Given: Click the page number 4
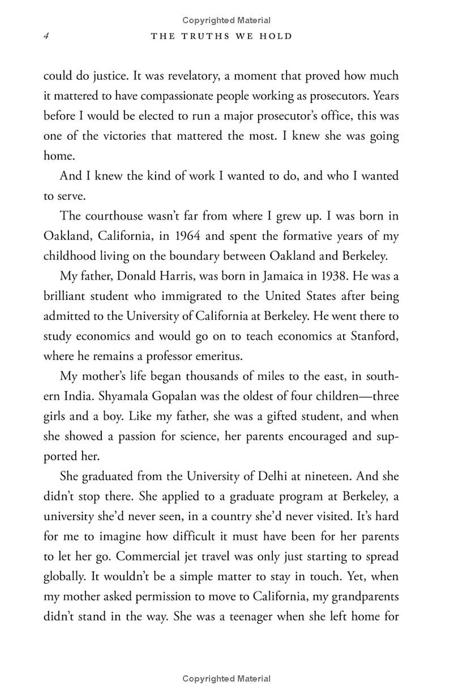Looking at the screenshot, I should (46, 36).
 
